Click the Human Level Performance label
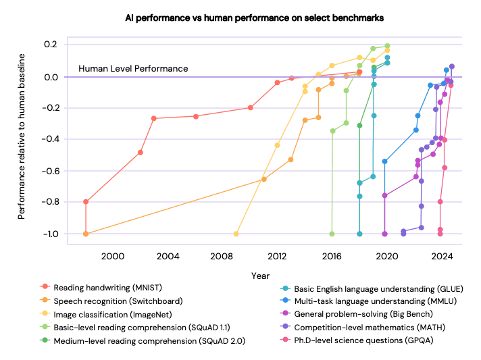[133, 68]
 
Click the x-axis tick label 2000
[113, 257]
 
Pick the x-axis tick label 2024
[442, 257]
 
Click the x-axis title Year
[261, 276]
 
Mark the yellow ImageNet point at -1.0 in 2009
[236, 234]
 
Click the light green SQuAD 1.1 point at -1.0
[332, 234]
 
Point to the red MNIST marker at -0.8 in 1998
[86, 202]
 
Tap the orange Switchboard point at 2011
[263, 179]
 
